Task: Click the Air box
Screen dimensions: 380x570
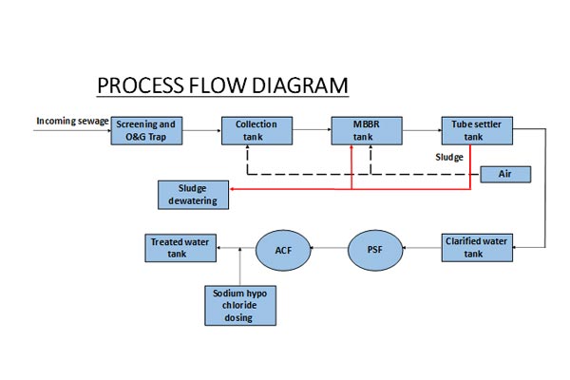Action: click(x=504, y=174)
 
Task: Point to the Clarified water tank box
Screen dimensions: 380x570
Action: click(x=476, y=248)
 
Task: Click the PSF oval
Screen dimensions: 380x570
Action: click(x=374, y=250)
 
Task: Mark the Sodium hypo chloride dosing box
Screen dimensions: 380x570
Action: click(x=237, y=305)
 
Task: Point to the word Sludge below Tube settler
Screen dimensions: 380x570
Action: click(x=449, y=157)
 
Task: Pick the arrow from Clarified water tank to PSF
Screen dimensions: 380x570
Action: click(x=422, y=250)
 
